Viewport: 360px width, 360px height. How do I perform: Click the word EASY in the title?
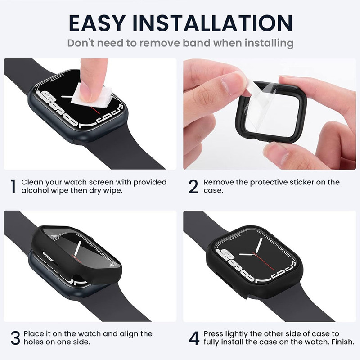point(97,23)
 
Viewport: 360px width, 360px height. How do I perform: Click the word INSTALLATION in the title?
point(212,23)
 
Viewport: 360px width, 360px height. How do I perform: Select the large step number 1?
point(13,186)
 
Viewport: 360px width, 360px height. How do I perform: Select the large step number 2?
point(193,186)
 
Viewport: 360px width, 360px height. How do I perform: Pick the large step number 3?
point(15,338)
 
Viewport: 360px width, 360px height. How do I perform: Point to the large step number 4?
point(194,338)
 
